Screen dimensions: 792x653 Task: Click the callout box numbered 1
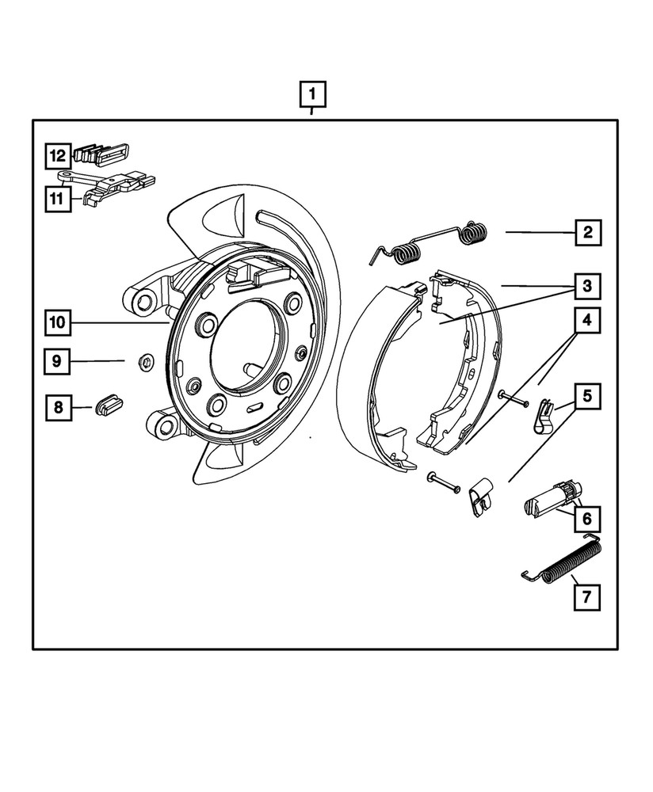312,96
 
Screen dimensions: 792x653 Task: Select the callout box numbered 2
588,233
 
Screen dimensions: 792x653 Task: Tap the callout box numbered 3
588,285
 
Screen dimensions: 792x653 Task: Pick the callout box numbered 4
588,322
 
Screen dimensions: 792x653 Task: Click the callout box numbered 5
588,394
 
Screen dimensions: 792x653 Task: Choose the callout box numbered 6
588,520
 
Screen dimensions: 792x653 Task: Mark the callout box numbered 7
588,597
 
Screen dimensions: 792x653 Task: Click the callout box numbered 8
58,409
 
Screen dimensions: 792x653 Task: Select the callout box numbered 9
58,362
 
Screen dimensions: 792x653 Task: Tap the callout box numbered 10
58,322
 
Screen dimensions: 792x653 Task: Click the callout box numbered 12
58,155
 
